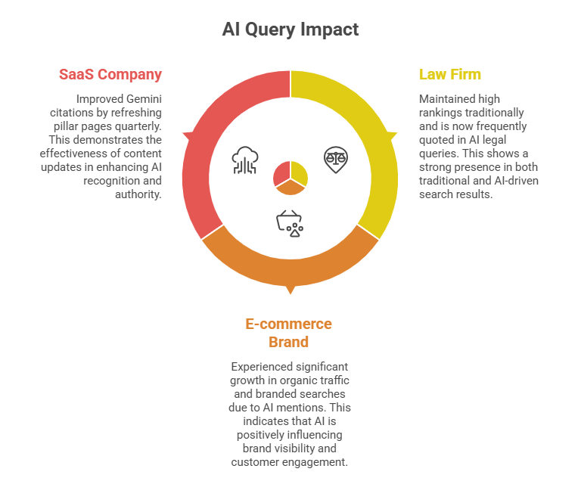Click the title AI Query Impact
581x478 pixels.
point(290,29)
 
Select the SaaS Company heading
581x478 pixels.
point(110,74)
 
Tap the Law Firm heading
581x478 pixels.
point(450,74)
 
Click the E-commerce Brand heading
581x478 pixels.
point(288,332)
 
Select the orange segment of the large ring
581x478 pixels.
point(290,268)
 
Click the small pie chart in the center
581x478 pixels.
point(290,175)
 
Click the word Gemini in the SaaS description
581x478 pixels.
point(143,99)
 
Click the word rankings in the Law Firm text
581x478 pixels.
point(441,113)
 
